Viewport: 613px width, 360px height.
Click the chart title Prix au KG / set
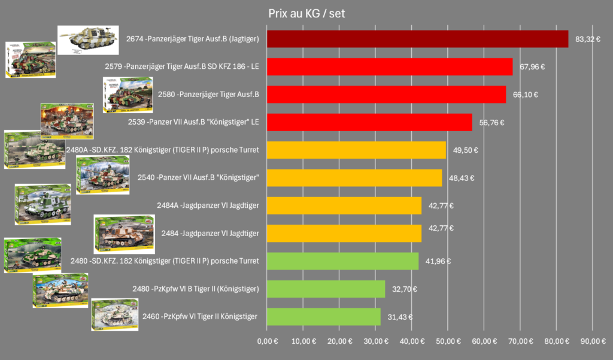tap(306, 13)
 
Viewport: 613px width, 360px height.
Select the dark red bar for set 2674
tap(417, 39)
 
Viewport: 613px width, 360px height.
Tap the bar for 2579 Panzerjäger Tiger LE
tap(389, 66)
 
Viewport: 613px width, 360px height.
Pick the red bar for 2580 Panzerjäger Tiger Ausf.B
tap(386, 95)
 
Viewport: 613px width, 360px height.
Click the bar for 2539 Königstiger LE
tap(369, 122)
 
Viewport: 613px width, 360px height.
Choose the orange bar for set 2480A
tap(356, 150)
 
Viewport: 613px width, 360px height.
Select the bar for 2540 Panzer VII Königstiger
tap(354, 178)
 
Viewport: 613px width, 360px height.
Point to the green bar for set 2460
tap(323, 316)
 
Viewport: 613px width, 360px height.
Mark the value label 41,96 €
tap(438, 261)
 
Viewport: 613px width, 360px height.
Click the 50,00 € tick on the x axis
tap(447, 341)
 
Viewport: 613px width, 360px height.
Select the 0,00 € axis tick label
tap(267, 341)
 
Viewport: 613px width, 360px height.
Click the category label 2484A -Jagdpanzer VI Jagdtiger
tap(208, 205)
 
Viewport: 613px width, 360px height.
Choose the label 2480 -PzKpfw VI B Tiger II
tap(196, 289)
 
